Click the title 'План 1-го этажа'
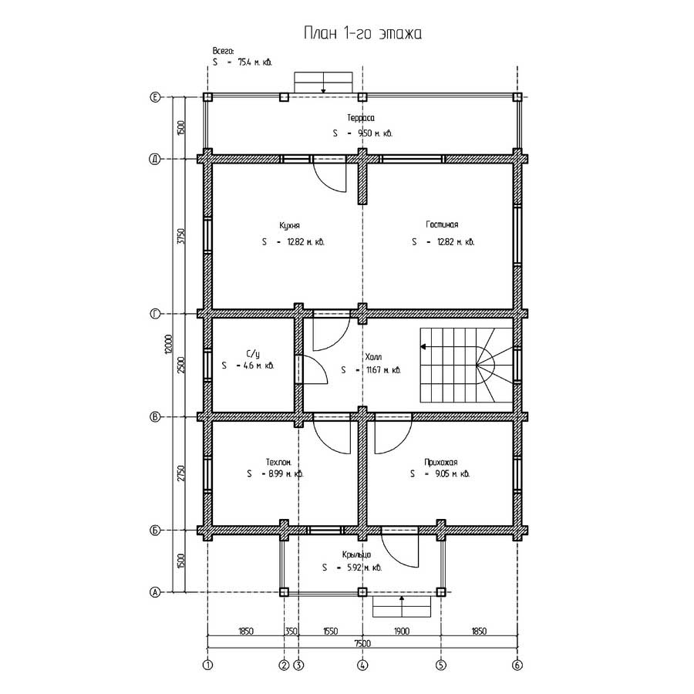(362, 33)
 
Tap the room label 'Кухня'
(289, 226)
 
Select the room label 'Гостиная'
(442, 224)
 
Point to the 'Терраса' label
(361, 118)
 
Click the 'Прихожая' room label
(441, 462)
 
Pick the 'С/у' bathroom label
(253, 354)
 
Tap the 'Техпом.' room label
(278, 462)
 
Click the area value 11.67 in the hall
(373, 370)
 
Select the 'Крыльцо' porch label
(356, 555)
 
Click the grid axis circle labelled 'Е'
(155, 97)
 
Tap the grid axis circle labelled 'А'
(155, 591)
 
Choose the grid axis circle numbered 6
(517, 665)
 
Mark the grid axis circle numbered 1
(207, 665)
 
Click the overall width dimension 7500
(362, 643)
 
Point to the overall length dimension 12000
(168, 344)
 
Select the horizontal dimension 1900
(402, 631)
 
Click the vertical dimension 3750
(180, 236)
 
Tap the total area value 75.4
(244, 62)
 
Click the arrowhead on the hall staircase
(423, 346)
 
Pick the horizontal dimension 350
(291, 631)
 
